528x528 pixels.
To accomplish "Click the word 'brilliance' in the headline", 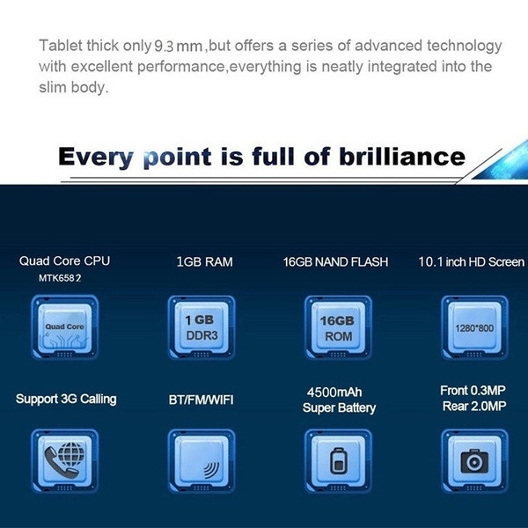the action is click(402, 157).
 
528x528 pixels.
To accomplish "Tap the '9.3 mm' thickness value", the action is click(178, 46).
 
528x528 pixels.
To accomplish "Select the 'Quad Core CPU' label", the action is click(64, 261).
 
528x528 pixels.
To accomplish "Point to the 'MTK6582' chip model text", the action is click(60, 278).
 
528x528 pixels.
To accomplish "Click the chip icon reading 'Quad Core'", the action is click(64, 327).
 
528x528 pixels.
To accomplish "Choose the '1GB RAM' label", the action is click(204, 262).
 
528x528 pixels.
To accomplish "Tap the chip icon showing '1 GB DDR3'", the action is click(202, 327).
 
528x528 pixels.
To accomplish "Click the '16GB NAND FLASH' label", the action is click(335, 262).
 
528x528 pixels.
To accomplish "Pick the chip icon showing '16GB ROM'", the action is click(338, 327).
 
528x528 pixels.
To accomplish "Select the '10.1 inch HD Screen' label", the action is click(471, 262).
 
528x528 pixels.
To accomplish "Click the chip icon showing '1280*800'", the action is click(474, 327).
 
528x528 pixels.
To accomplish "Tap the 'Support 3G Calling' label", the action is click(66, 399).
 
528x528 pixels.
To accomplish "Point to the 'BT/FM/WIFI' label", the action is click(201, 400).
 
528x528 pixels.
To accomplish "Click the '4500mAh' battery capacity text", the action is click(334, 392).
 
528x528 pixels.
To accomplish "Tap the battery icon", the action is click(338, 461).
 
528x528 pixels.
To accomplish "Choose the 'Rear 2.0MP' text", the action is click(474, 406).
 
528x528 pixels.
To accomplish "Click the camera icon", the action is click(474, 460).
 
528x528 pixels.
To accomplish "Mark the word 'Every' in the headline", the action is click(96, 158).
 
